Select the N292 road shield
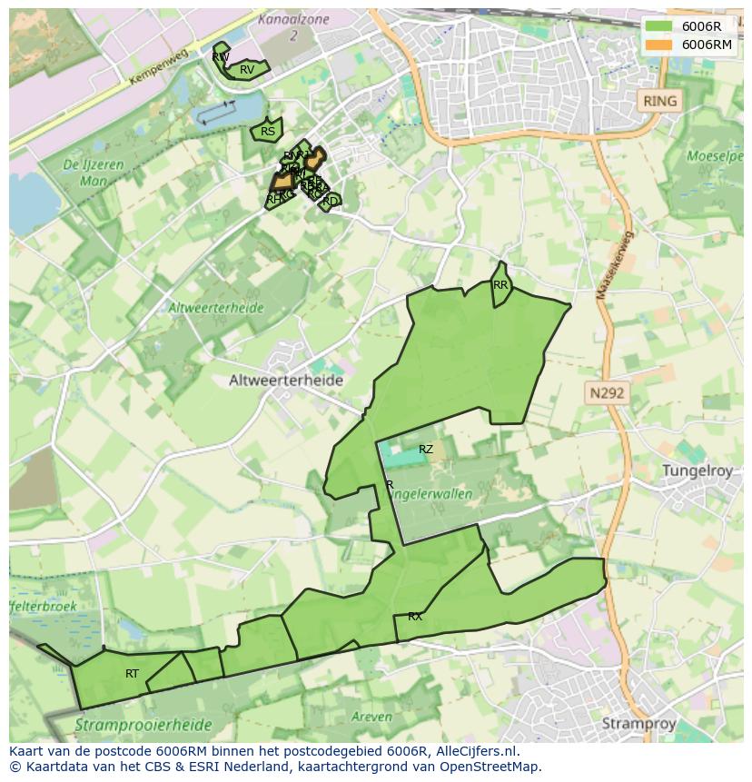tap(607, 393)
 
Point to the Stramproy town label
tap(638, 723)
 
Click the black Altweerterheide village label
tap(286, 381)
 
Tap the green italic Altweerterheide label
tap(215, 308)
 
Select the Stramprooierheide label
tap(143, 725)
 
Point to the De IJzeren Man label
tap(85, 173)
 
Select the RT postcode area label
tap(133, 674)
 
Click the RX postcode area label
tap(415, 617)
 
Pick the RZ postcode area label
tap(426, 450)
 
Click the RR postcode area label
tap(500, 285)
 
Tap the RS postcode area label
tap(268, 132)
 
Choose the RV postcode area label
tap(247, 70)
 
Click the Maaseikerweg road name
tap(616, 264)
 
